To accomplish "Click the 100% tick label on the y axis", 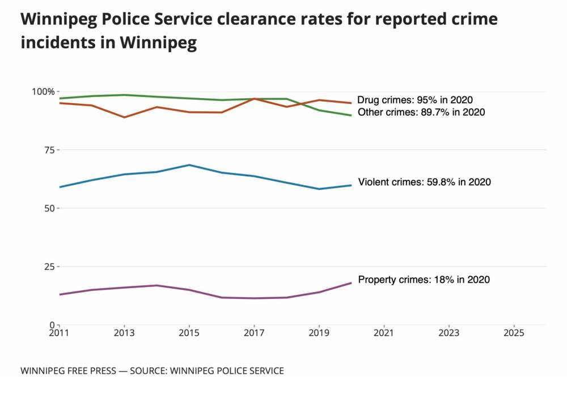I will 43,91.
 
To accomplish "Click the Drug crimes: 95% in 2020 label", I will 414,100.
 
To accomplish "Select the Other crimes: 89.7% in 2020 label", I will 421,112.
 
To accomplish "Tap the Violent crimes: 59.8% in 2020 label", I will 424,183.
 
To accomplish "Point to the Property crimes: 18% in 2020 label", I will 424,280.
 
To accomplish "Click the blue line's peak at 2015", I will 189,165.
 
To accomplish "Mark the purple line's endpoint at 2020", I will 352,282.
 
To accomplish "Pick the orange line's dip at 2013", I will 125,117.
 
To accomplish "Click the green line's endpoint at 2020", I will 352,115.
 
